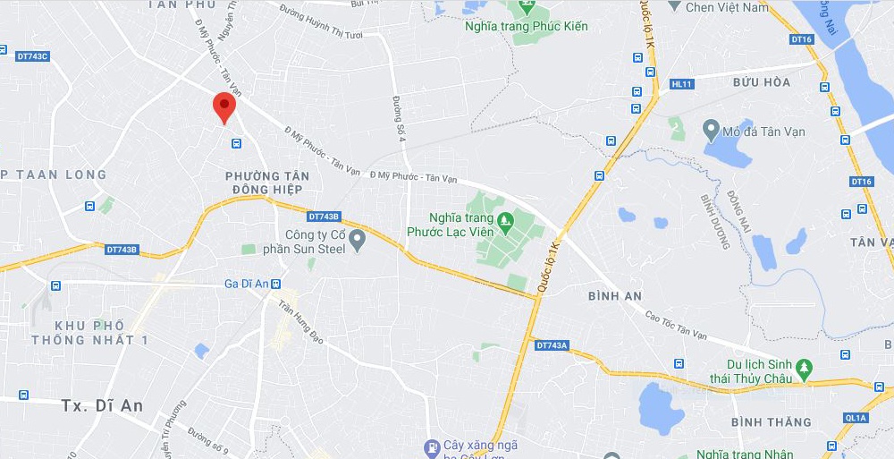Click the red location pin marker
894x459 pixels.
tap(223, 107)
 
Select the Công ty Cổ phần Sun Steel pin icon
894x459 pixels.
tap(358, 239)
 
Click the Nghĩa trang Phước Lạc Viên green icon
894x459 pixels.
tap(506, 218)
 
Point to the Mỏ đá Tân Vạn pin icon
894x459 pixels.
tap(712, 130)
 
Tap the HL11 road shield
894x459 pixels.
tap(681, 84)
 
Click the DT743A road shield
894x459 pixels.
tap(552, 344)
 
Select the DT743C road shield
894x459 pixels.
tap(32, 56)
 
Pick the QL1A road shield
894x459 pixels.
tap(856, 418)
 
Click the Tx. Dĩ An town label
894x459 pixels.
tap(102, 405)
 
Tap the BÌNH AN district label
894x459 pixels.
tap(616, 295)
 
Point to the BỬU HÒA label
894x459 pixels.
tap(762, 82)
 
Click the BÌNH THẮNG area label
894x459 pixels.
tap(771, 421)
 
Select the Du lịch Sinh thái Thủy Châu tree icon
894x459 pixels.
tap(804, 367)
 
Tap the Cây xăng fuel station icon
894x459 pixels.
tap(432, 446)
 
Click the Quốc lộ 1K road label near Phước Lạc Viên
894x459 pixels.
tap(547, 267)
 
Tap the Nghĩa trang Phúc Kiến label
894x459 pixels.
tap(527, 26)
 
